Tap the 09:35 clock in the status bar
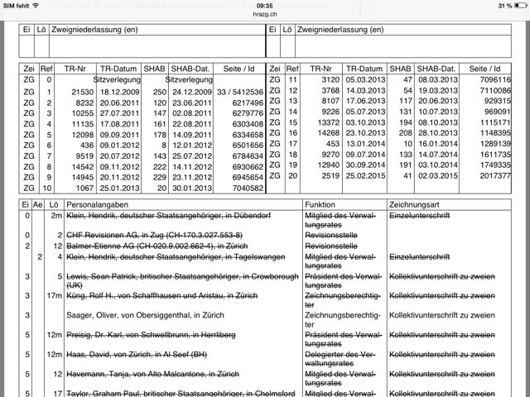pyautogui.click(x=265, y=6)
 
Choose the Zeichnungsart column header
pyautogui.click(x=413, y=203)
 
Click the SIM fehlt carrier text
pyautogui.click(x=19, y=6)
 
